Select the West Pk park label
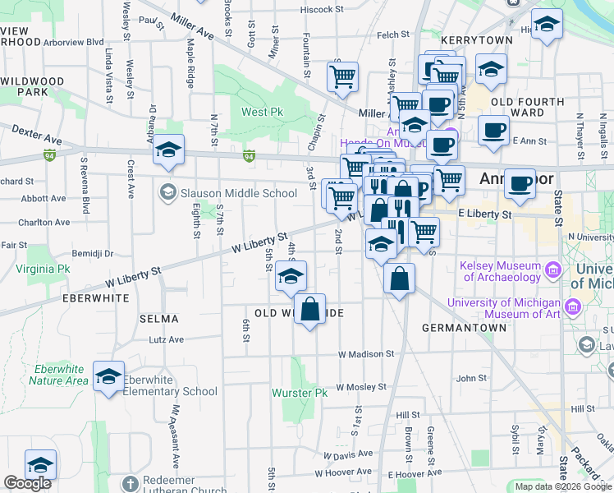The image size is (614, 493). [x=261, y=112]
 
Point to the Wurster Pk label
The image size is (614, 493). [x=303, y=393]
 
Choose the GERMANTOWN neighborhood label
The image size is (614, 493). [x=464, y=327]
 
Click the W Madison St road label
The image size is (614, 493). [x=369, y=354]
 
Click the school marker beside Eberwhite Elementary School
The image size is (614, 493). [x=108, y=377]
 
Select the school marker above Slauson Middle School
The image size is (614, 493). [x=168, y=150]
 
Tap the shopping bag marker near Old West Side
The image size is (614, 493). [x=309, y=310]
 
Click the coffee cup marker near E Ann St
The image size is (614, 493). [x=493, y=131]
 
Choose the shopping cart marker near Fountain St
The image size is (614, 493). [x=342, y=78]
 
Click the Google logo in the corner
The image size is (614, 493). [x=27, y=483]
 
